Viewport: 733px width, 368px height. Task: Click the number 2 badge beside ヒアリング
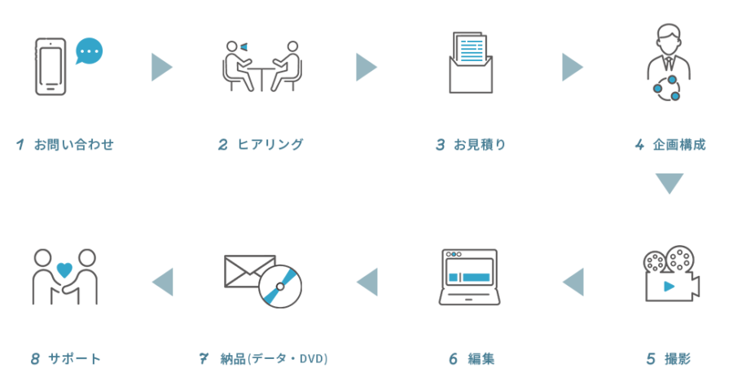point(223,145)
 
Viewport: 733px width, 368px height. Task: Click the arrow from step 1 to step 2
point(162,68)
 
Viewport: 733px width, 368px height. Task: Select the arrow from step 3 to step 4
point(573,68)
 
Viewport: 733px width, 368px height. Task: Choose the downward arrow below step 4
point(669,184)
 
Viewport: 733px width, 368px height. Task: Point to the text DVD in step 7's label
point(314,358)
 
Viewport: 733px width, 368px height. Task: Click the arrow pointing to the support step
point(163,282)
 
